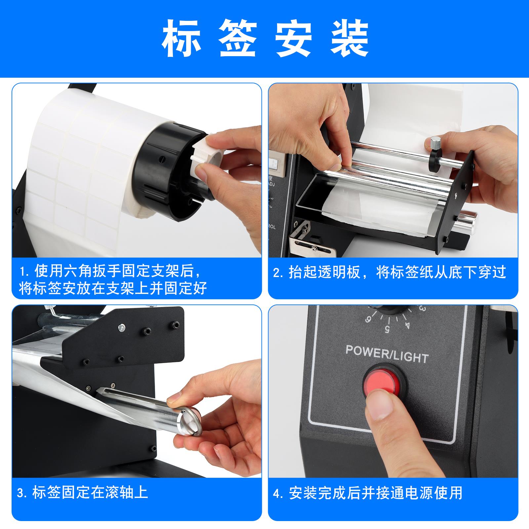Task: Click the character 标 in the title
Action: click(181, 39)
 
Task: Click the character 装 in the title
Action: click(349, 39)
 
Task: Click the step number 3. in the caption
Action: click(21, 493)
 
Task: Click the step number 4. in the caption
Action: click(278, 493)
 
